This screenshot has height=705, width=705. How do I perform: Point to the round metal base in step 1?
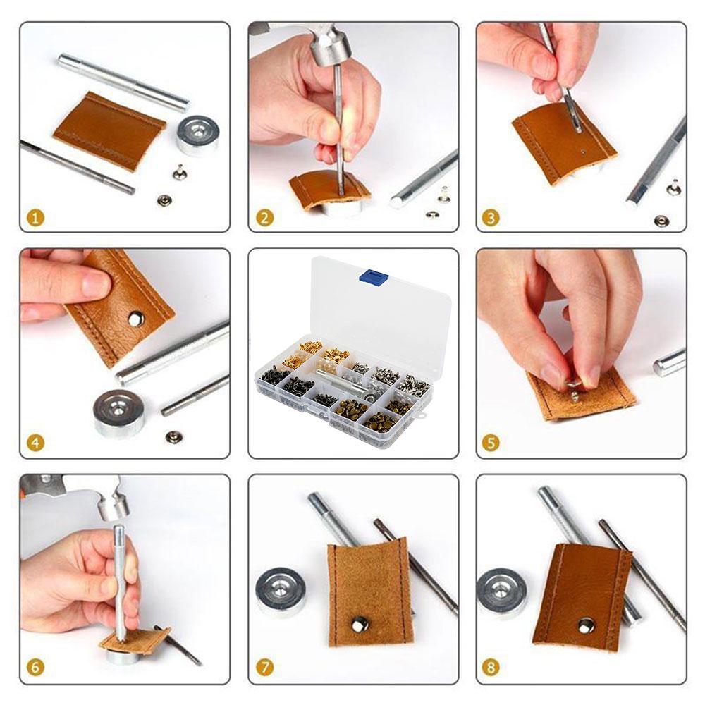[197, 133]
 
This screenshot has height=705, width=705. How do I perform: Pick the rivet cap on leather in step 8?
[587, 625]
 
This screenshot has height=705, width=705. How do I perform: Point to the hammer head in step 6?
[112, 505]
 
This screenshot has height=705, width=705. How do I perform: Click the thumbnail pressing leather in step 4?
[94, 284]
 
